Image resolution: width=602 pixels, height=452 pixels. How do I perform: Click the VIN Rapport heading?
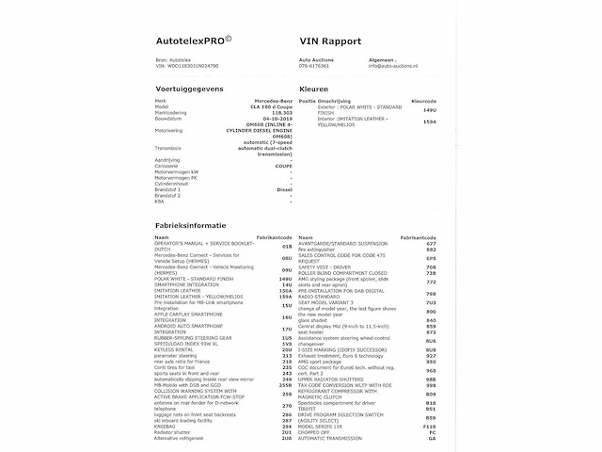click(x=330, y=43)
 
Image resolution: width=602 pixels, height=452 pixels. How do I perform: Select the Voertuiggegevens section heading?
click(x=189, y=86)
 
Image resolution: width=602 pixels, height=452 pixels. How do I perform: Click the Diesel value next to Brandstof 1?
click(x=285, y=188)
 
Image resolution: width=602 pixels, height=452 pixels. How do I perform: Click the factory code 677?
click(x=431, y=242)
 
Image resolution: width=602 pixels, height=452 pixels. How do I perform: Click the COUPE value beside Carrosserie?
click(x=283, y=165)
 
